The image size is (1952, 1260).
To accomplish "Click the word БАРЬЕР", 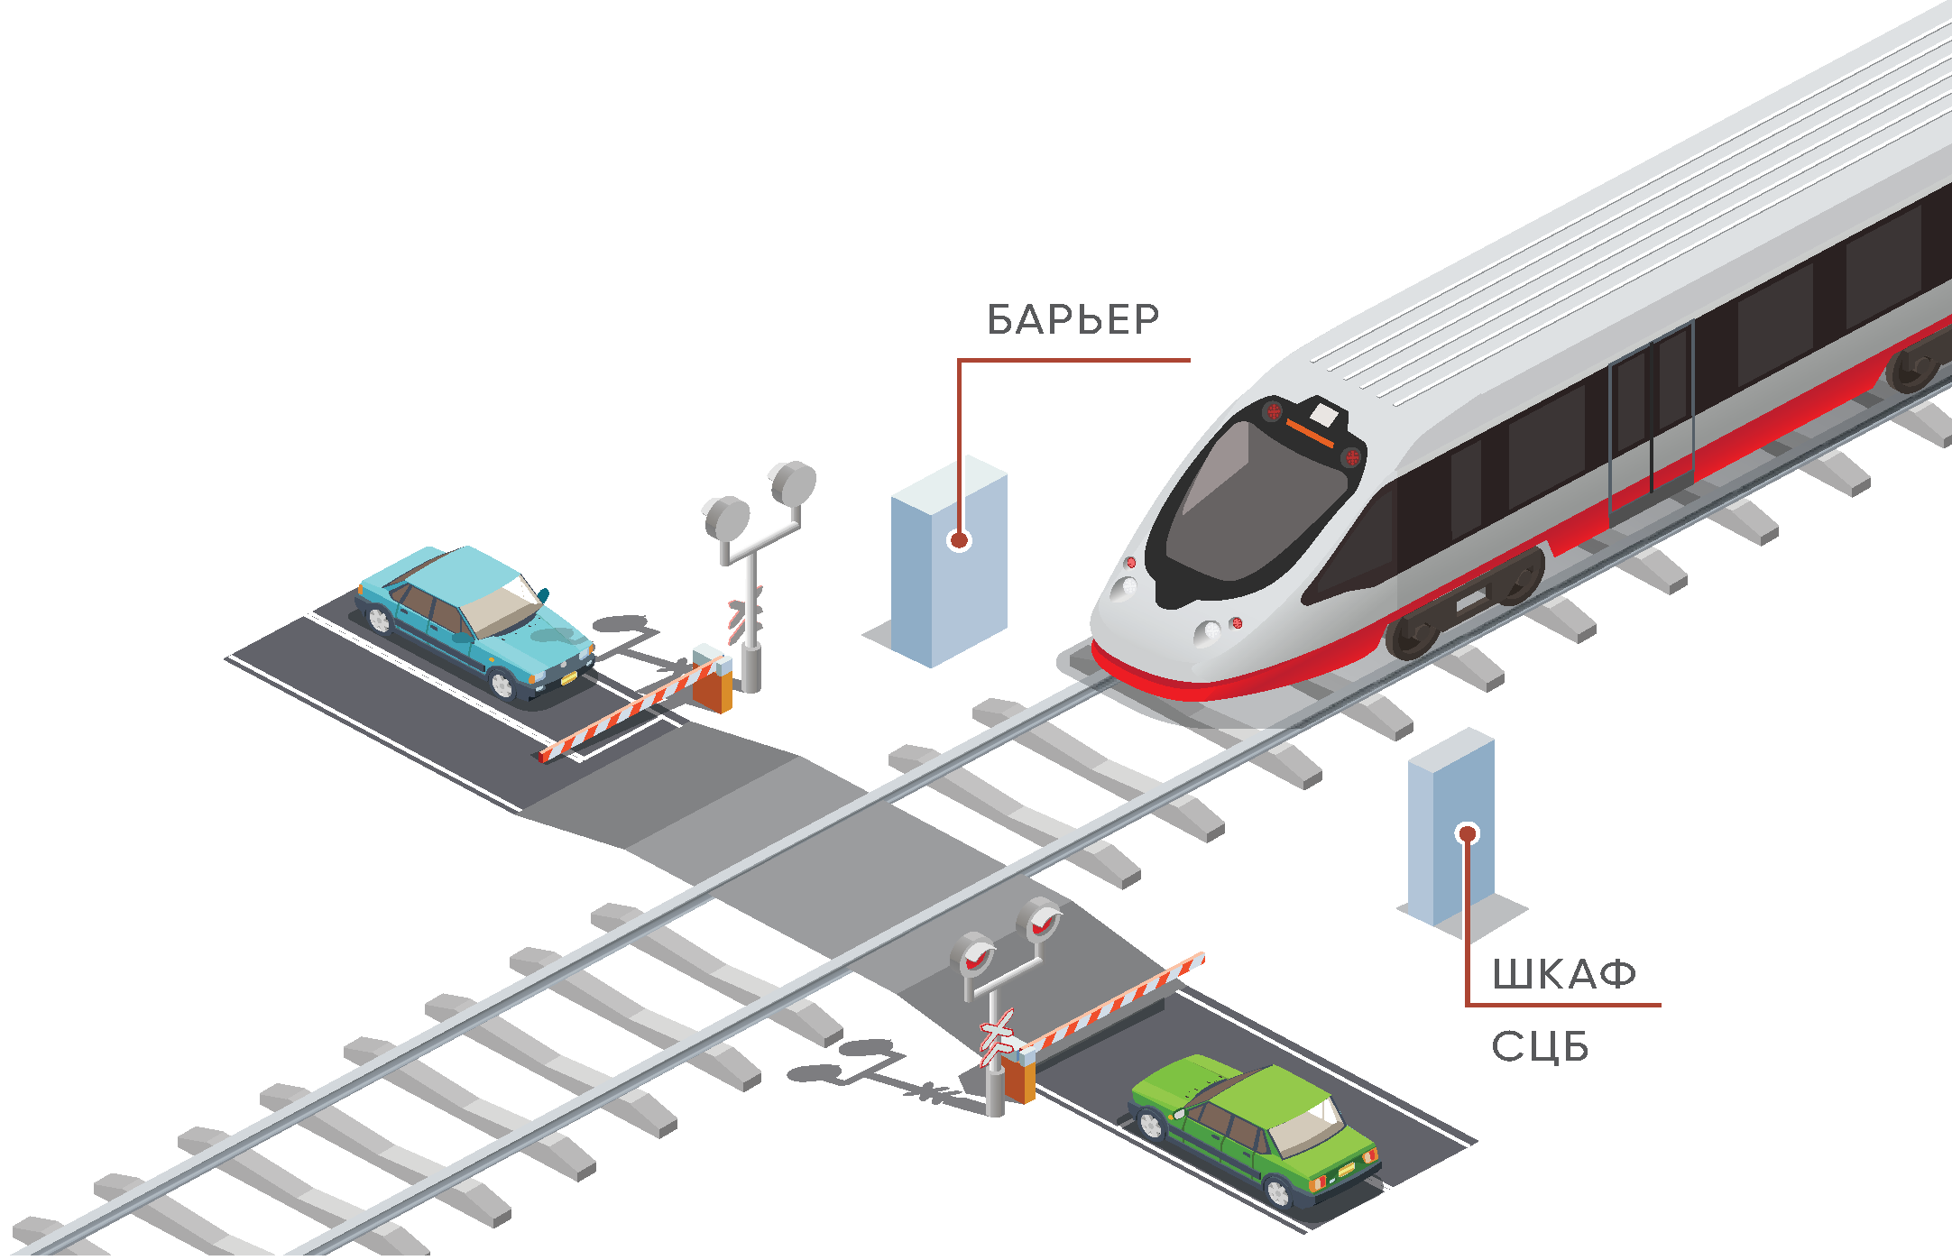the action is [1073, 319].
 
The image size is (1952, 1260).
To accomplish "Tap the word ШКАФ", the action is [1563, 974].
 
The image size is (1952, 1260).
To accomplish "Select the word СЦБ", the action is [1539, 1047].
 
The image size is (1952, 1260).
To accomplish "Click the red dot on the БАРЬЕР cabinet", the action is [959, 540].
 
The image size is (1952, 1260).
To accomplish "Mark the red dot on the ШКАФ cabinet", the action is [1468, 833].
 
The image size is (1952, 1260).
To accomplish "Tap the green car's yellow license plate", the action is [1346, 1170].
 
